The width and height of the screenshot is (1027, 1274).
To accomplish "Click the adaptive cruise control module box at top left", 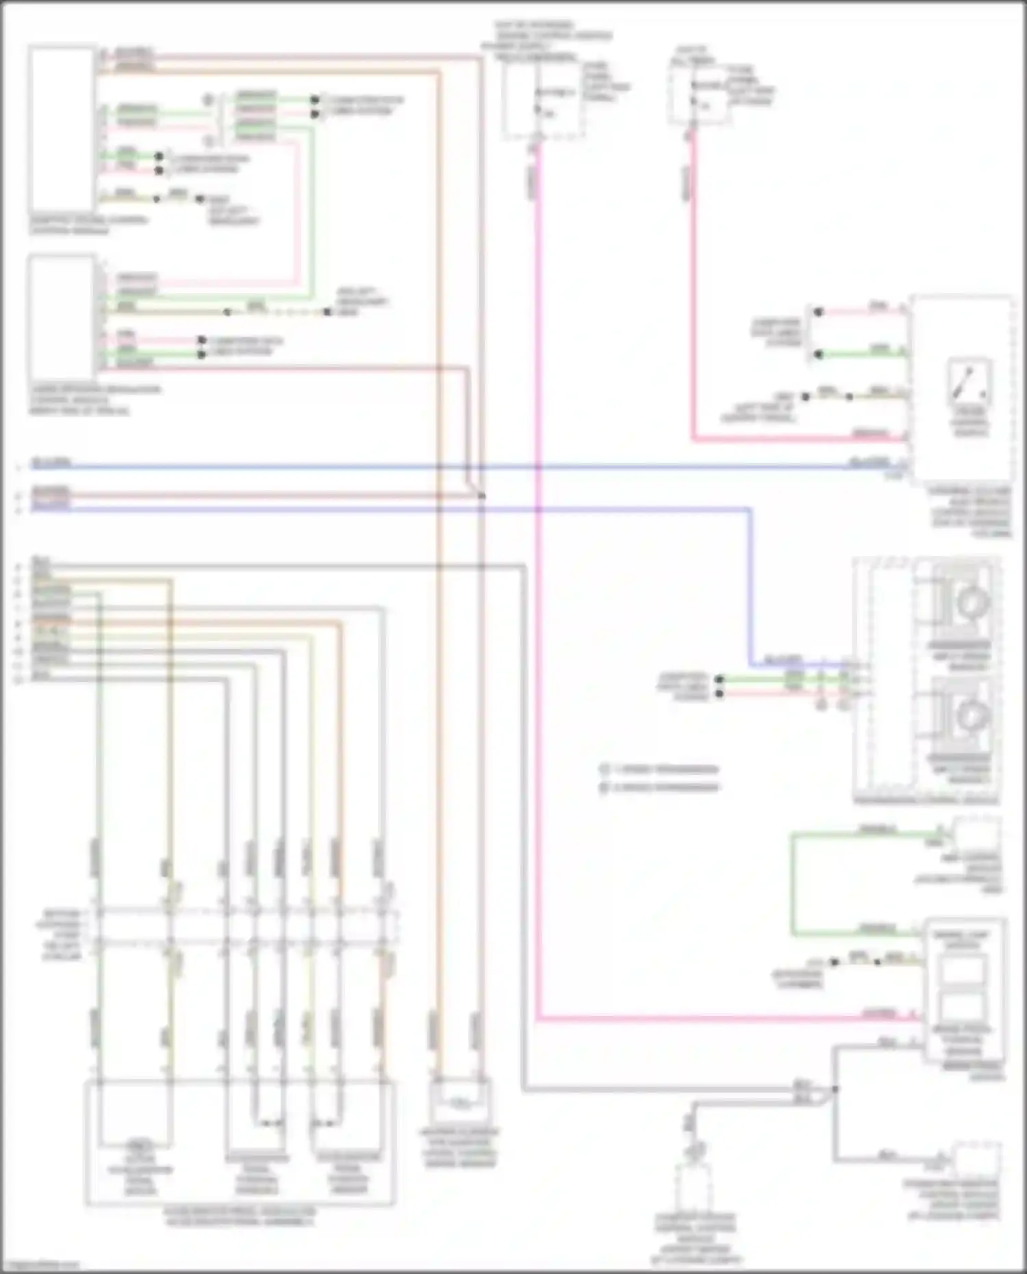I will (x=62, y=129).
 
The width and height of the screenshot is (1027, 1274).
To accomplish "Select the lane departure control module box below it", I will (x=62, y=319).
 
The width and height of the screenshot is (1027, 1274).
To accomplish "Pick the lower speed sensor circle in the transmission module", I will (x=969, y=715).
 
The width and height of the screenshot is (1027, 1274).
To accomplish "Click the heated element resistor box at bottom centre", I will (x=460, y=1101).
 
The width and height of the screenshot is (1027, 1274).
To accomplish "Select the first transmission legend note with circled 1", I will (x=661, y=769).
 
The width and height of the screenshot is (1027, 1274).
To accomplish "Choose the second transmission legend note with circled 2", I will (x=661, y=787).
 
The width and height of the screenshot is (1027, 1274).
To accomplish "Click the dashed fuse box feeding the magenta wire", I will (x=543, y=96).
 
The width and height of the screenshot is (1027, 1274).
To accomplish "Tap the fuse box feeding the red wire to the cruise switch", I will (x=698, y=96).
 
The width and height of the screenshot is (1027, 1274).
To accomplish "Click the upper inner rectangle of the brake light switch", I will (x=964, y=970).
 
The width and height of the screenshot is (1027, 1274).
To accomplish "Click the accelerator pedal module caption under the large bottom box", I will (x=240, y=1215).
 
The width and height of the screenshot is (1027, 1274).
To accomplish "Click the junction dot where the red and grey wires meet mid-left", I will (x=481, y=495).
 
